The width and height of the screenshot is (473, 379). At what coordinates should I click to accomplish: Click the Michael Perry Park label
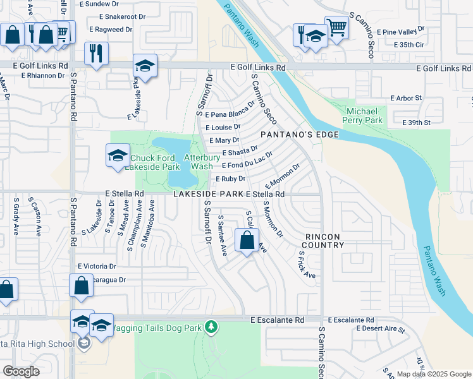(x=363, y=115)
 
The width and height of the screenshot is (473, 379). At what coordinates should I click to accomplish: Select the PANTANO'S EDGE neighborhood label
(x=299, y=135)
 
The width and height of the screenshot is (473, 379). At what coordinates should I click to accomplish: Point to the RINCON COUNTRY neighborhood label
(x=322, y=241)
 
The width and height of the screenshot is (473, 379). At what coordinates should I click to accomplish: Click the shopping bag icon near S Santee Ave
(x=247, y=240)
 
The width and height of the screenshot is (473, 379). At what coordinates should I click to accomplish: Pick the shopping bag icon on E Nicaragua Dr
(x=82, y=286)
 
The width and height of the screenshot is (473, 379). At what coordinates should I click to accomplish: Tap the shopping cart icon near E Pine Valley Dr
(x=337, y=27)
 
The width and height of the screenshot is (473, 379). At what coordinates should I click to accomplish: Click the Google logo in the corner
(x=21, y=371)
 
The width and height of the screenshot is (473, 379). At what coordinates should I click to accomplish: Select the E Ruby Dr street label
(x=231, y=179)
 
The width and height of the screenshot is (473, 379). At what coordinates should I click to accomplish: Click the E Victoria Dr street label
(x=97, y=267)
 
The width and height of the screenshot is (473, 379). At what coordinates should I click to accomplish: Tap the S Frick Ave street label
(x=307, y=265)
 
